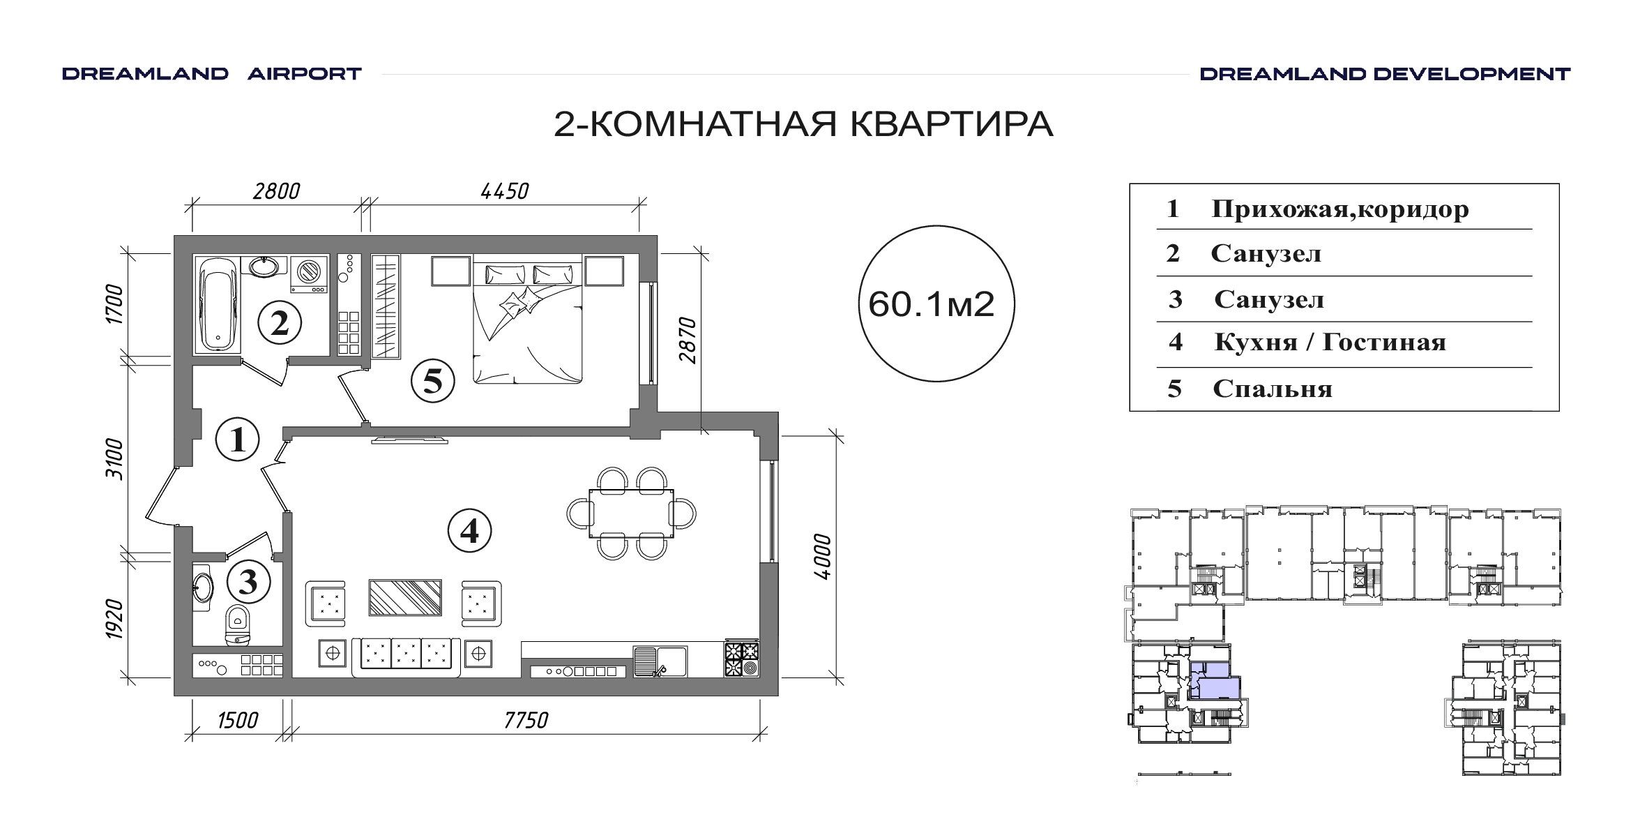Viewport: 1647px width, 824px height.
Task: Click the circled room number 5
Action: point(432,381)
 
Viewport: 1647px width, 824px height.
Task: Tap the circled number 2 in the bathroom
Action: point(280,323)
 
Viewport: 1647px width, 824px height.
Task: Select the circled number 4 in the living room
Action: point(469,532)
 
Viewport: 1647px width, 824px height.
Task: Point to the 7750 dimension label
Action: point(526,719)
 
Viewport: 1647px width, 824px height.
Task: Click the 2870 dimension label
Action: point(688,340)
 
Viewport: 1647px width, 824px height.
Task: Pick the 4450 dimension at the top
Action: point(505,190)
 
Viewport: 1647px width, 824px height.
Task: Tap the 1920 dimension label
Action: point(114,619)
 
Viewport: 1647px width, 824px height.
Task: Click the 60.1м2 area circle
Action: point(936,304)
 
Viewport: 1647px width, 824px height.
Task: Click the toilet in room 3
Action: point(237,624)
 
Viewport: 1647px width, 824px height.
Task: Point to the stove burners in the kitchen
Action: point(741,659)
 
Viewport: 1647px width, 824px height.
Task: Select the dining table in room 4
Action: point(631,514)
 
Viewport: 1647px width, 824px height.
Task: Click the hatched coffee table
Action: point(405,597)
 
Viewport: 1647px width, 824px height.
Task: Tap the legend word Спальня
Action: point(1273,389)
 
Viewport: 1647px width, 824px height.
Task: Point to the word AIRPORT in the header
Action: point(305,74)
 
